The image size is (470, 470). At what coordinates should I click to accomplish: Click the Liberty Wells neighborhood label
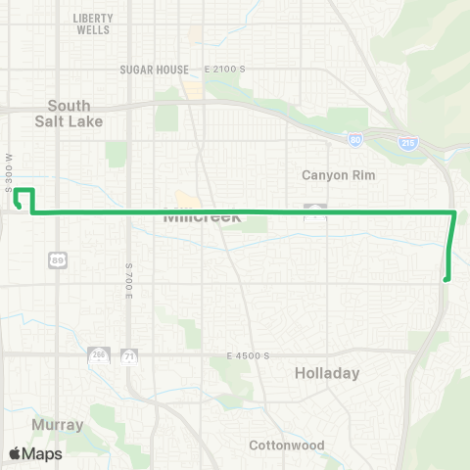point(93,23)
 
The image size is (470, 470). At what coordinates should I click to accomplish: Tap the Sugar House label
point(153,70)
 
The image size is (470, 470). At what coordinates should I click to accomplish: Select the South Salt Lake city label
point(69,113)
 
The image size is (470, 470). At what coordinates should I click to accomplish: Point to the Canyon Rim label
point(338,175)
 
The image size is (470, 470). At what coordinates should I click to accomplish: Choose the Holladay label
point(327,373)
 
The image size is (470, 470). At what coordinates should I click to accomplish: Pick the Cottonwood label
point(286,446)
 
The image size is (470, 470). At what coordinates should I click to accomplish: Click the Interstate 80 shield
point(354,141)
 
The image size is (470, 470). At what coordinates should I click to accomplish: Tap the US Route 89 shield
point(57,258)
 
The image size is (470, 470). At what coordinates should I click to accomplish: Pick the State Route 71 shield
point(128,358)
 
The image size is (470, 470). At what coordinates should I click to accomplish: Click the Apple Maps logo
point(34,453)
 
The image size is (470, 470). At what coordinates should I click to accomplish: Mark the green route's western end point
point(21,207)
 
